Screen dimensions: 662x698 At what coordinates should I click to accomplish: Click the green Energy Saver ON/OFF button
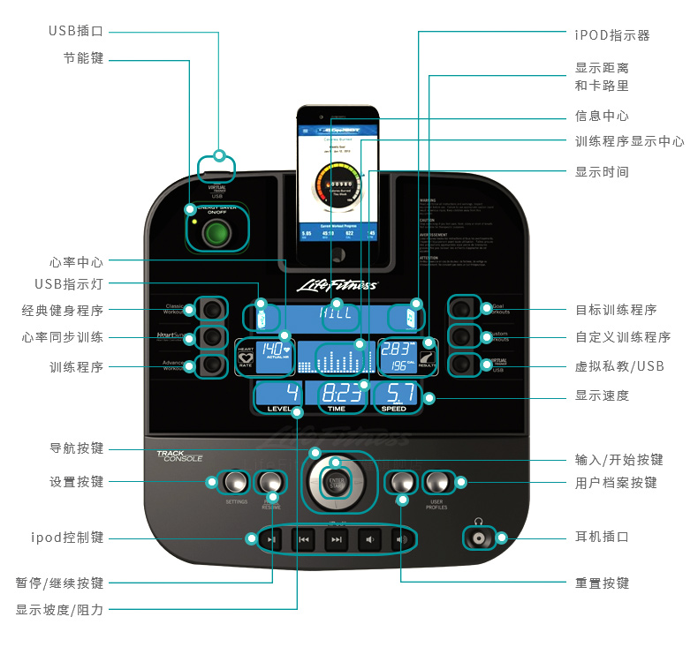(x=216, y=234)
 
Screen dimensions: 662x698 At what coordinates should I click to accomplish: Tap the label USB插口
(x=76, y=31)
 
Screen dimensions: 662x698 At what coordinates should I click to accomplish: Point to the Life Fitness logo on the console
(x=336, y=285)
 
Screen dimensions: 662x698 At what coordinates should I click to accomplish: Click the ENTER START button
(x=335, y=483)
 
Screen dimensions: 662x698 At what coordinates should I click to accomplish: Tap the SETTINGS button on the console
(x=236, y=482)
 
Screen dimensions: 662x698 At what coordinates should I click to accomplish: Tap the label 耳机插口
(x=602, y=538)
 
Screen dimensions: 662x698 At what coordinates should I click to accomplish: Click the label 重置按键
(x=602, y=583)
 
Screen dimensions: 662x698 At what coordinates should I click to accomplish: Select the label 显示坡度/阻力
(x=59, y=609)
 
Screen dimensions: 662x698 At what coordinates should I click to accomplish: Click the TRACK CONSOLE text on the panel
(x=179, y=456)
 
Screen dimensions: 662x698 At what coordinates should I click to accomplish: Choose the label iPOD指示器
(x=612, y=35)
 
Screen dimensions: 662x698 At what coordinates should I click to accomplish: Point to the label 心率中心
(x=76, y=261)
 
